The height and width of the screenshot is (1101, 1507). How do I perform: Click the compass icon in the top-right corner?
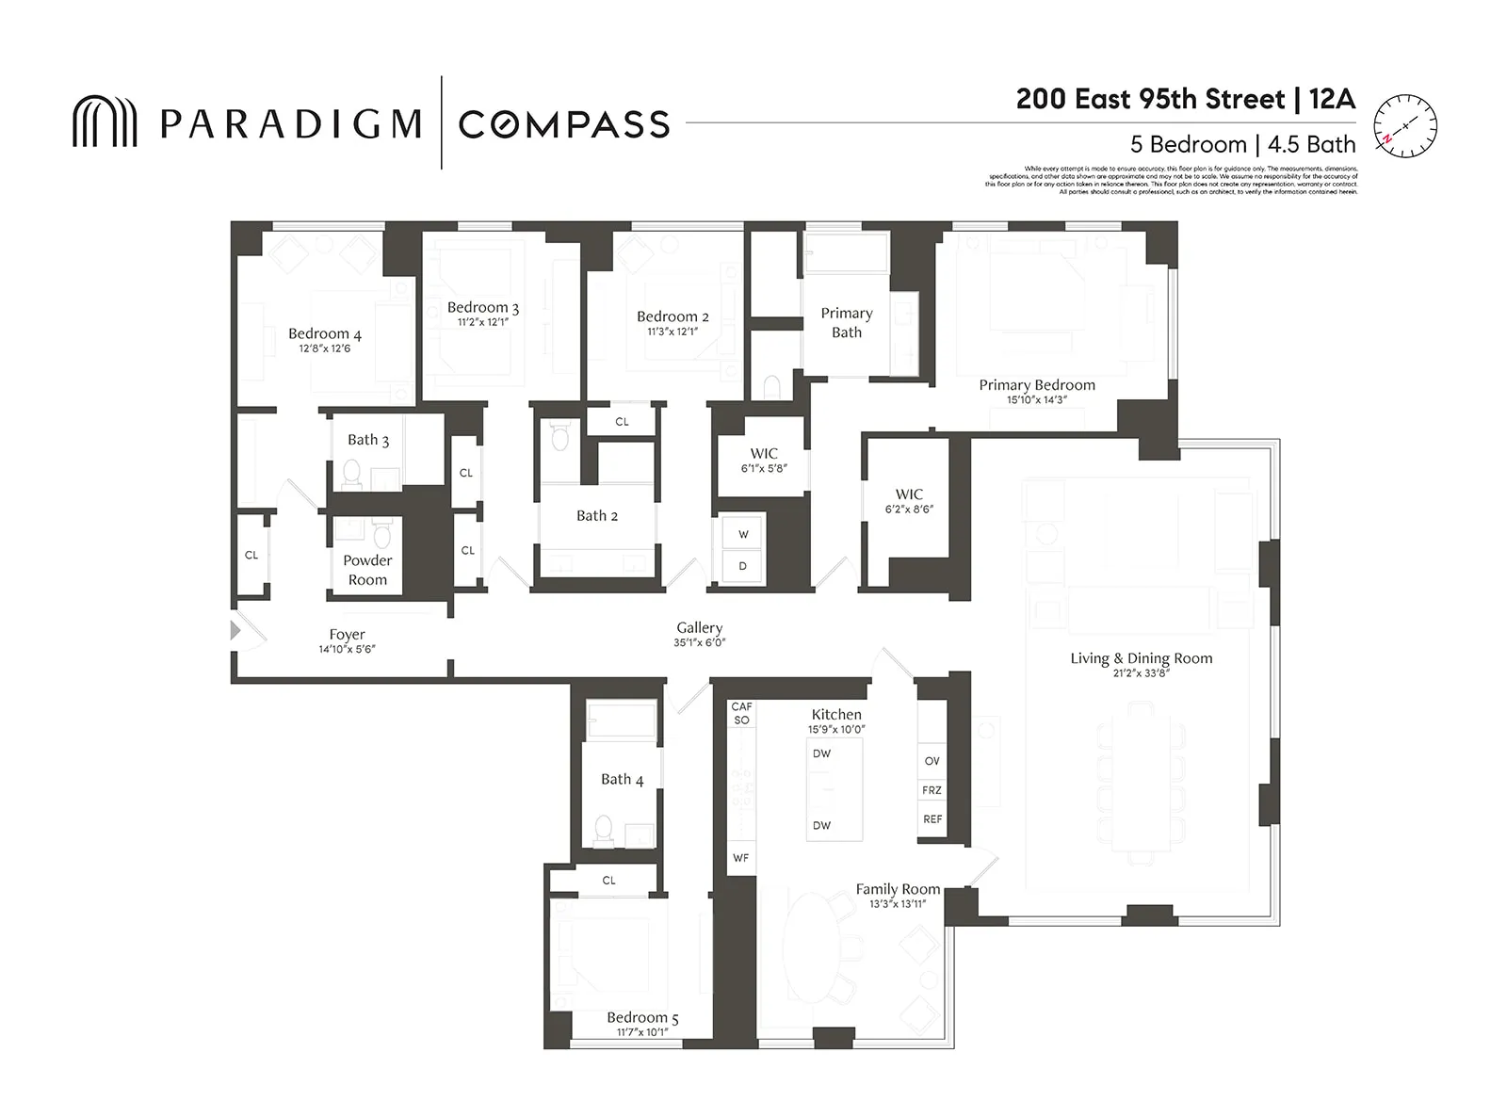(1404, 125)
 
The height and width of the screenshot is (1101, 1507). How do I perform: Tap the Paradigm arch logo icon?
(105, 121)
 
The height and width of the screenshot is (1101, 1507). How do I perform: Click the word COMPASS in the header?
(563, 124)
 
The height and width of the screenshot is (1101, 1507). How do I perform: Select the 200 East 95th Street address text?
(1150, 100)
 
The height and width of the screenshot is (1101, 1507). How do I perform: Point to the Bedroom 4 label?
(324, 334)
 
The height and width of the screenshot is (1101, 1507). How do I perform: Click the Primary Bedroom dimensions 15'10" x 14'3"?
(1036, 399)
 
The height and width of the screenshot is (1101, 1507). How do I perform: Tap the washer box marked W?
(743, 534)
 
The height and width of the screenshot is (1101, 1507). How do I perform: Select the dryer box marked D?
(743, 566)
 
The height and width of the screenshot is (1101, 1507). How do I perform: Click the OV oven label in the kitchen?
(932, 761)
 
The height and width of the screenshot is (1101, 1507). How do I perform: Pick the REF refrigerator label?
(932, 819)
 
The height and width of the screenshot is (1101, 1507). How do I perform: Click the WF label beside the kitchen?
(741, 858)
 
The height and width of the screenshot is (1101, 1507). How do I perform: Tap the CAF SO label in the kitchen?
(741, 713)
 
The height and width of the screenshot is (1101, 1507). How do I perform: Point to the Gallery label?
(699, 627)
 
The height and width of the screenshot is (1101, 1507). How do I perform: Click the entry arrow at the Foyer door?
(235, 630)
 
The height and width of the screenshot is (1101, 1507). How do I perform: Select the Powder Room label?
(367, 570)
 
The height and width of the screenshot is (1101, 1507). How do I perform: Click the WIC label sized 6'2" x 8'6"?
(909, 494)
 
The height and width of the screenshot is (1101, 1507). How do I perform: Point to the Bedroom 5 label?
(642, 1017)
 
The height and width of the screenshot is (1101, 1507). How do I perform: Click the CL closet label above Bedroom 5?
(608, 881)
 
